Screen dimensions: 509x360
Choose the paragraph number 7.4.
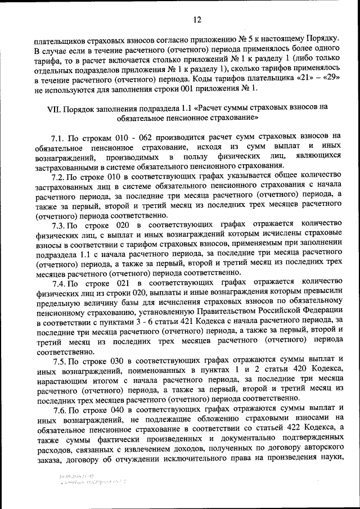click(x=60, y=281)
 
